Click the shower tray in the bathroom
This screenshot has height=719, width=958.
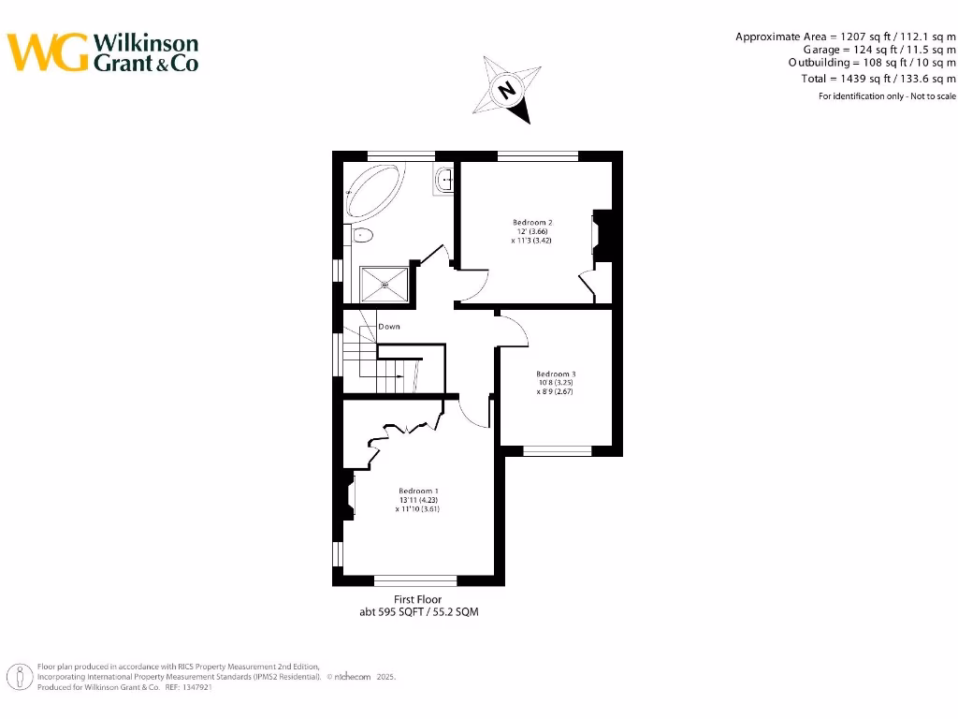point(385,283)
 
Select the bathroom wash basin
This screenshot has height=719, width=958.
point(444,178)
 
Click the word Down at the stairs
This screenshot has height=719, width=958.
point(389,327)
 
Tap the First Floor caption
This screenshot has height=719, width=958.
point(417,599)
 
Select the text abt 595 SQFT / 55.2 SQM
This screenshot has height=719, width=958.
point(417,611)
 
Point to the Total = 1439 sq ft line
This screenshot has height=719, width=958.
point(878,79)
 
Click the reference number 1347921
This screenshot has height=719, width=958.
point(194,686)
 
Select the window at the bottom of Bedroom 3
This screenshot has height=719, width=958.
point(557,450)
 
